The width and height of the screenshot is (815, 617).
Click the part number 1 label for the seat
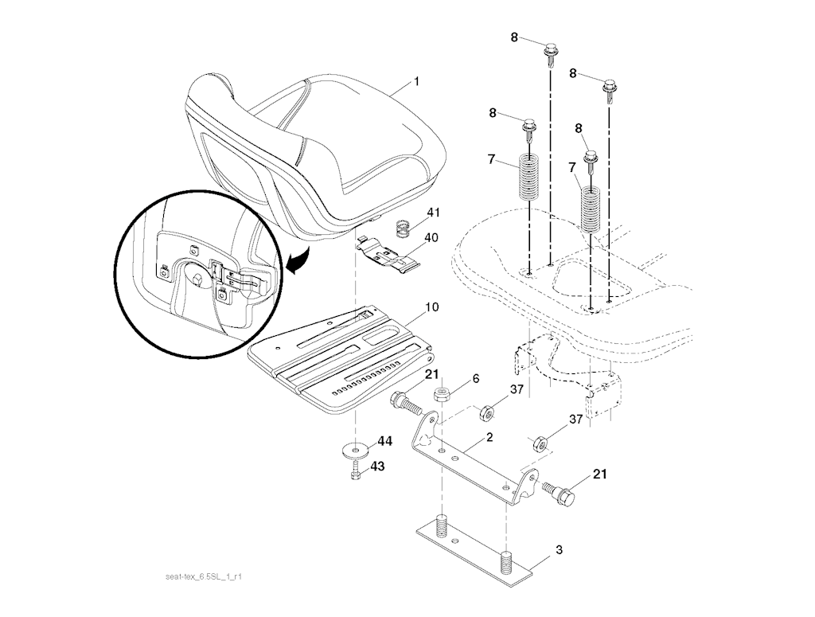click(416, 82)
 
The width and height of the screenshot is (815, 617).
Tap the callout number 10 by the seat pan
click(432, 307)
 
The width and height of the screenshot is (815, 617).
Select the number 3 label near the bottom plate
click(559, 549)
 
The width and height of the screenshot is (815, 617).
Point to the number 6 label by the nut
click(476, 379)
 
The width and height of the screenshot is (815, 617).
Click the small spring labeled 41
click(404, 228)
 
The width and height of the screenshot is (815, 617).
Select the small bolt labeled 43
click(356, 471)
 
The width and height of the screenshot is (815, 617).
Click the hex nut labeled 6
click(441, 395)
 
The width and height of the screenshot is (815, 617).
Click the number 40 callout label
click(431, 238)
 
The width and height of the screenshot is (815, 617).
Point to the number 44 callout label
click(385, 441)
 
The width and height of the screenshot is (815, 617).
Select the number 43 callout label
click(378, 467)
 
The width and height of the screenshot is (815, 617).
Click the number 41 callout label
click(434, 213)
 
